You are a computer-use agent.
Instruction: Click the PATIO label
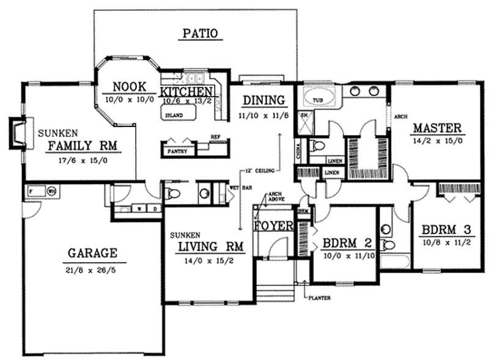tap(201, 34)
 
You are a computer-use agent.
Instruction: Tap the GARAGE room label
tap(92, 252)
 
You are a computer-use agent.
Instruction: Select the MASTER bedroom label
tap(436, 128)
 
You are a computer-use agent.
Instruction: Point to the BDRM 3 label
tap(446, 231)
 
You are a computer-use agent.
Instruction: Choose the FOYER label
tap(273, 226)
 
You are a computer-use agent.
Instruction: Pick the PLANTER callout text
tap(320, 298)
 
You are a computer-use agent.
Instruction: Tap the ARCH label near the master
tap(400, 116)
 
